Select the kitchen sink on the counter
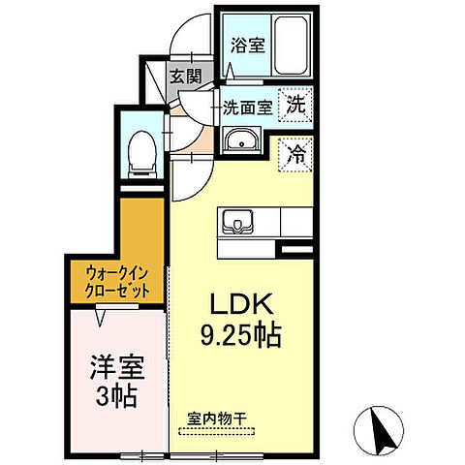pyautogui.click(x=236, y=224)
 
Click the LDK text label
pyautogui.click(x=241, y=303)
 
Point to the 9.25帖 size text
pyautogui.click(x=242, y=336)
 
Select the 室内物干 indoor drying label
pyautogui.click(x=218, y=419)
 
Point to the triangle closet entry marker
pyautogui.click(x=102, y=313)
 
